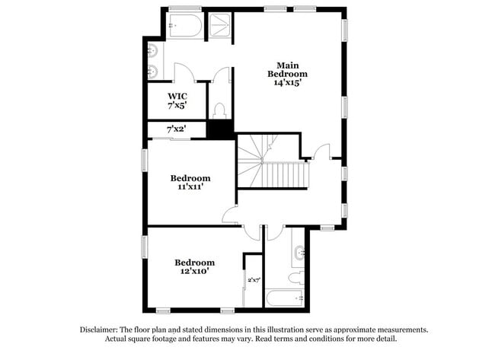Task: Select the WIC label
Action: click(177, 97)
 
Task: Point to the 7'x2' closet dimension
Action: click(176, 129)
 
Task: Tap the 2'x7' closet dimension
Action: click(254, 280)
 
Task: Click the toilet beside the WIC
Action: click(220, 110)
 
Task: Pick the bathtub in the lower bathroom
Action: click(285, 298)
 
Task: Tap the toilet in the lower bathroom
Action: click(295, 276)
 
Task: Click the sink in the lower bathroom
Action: click(299, 250)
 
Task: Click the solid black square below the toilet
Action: click(220, 130)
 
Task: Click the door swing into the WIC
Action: click(184, 73)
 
